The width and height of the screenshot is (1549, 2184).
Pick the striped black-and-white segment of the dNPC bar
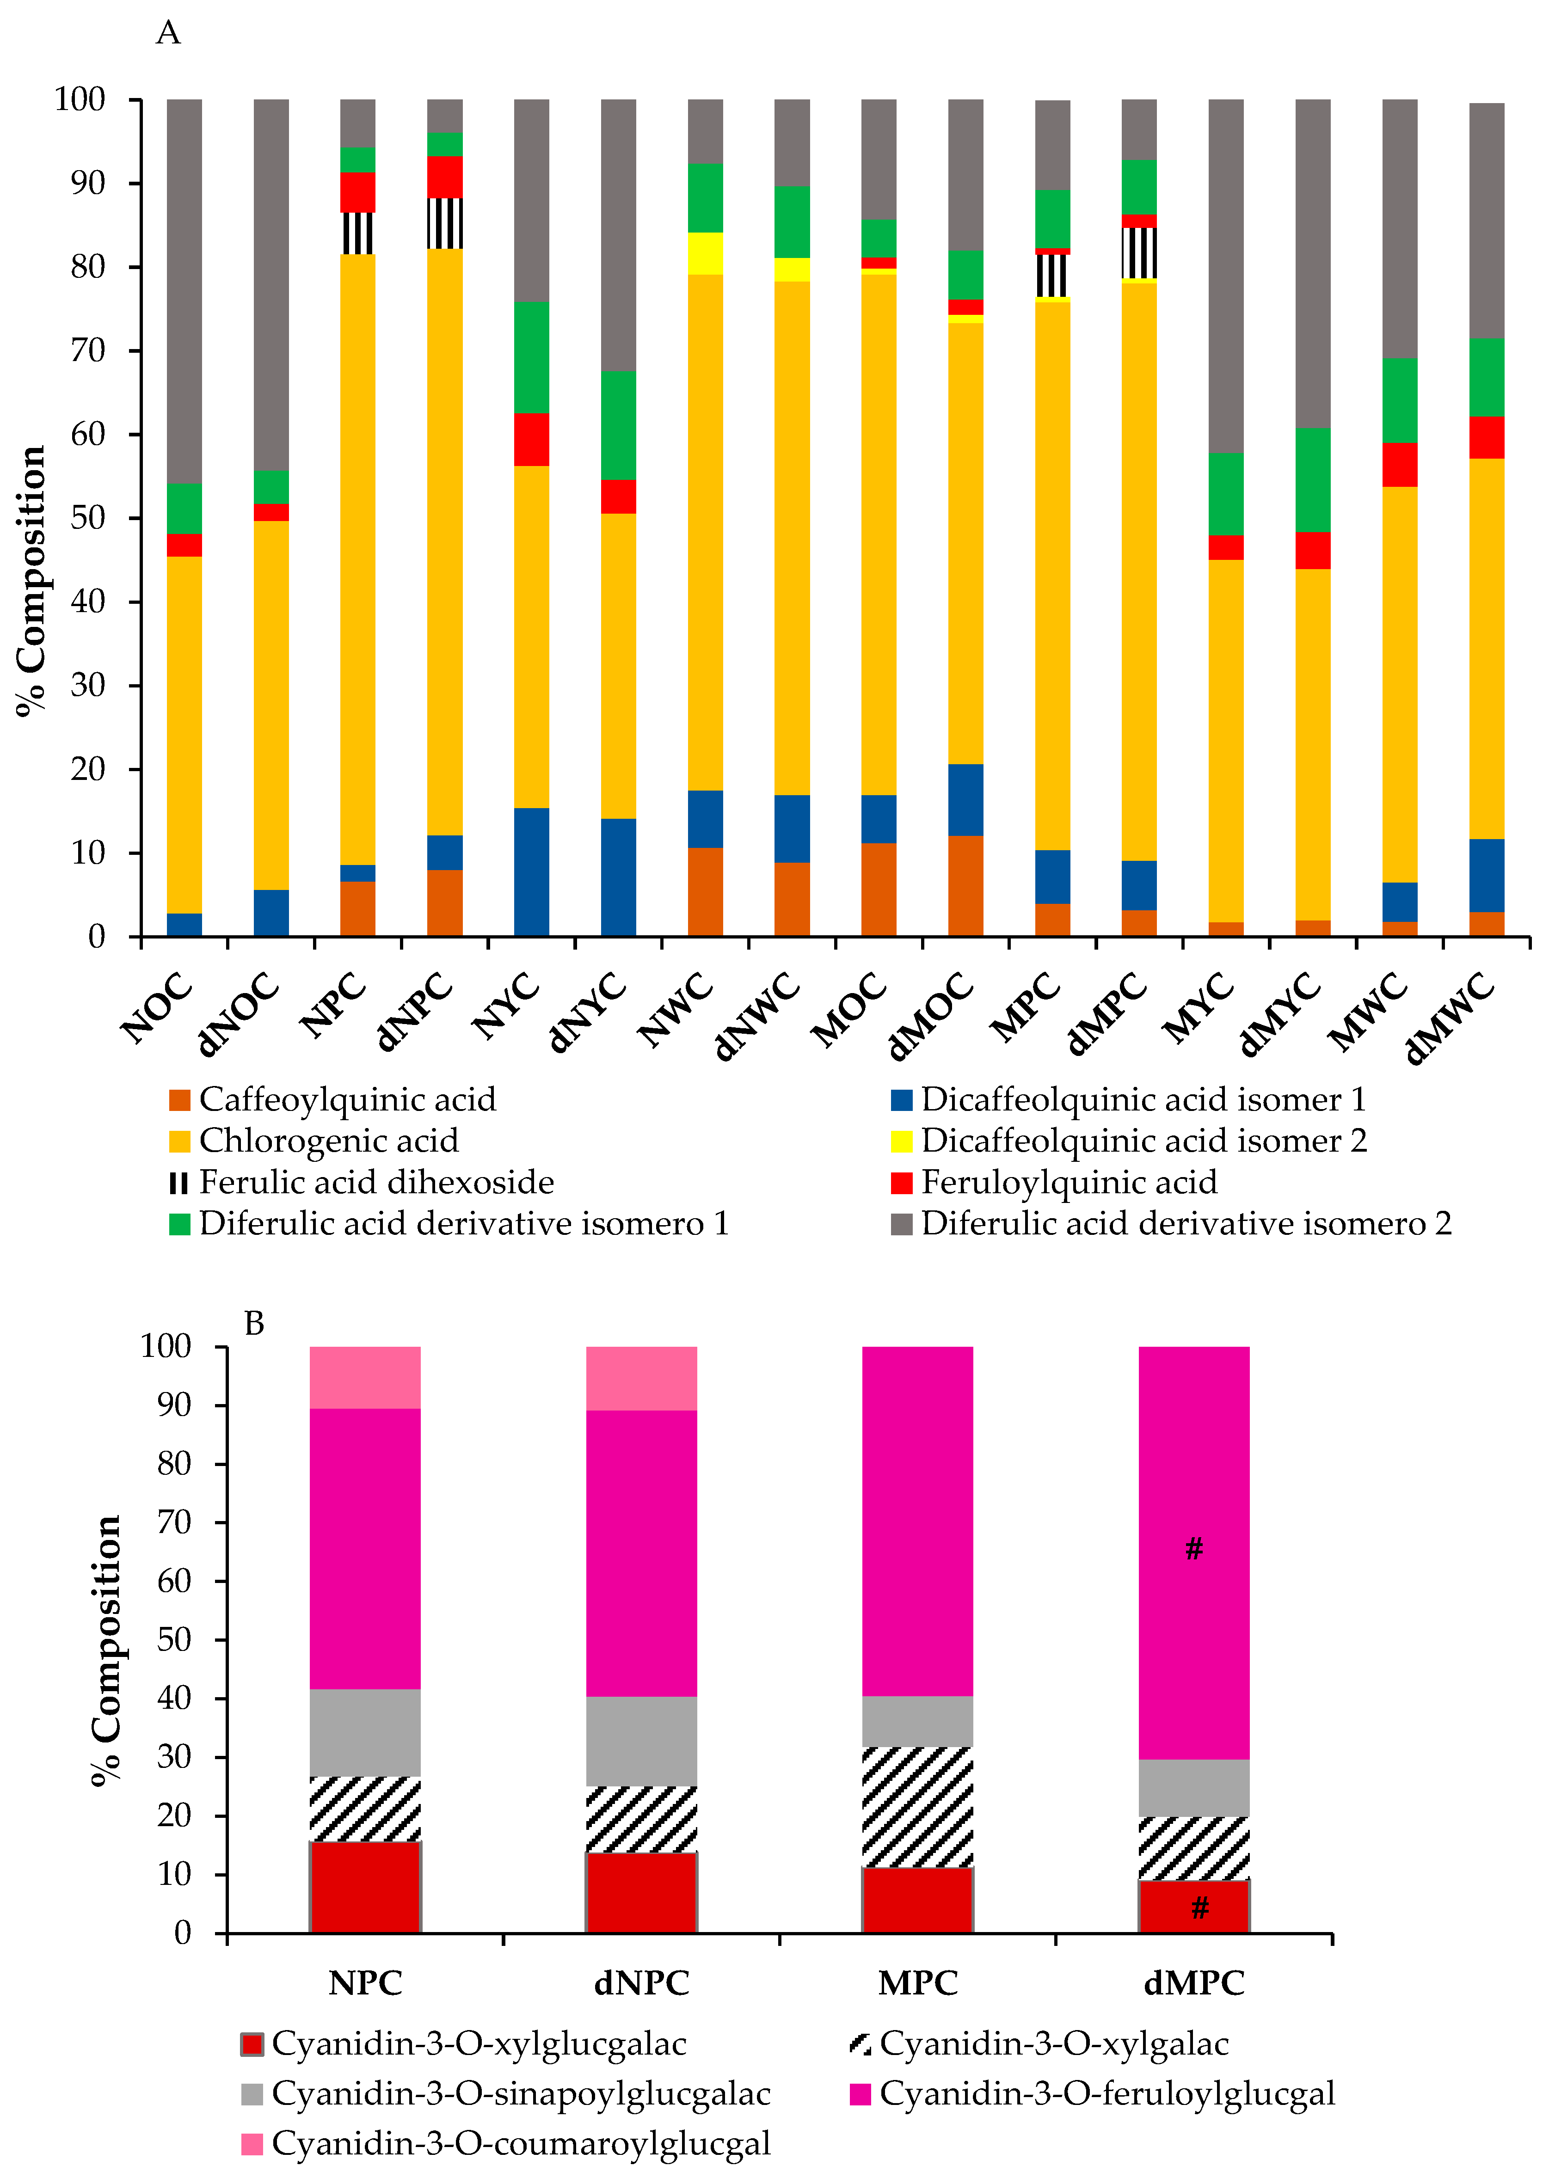coord(444,223)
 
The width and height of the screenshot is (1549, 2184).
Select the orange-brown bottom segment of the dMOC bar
coord(965,885)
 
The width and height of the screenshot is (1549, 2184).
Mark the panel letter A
coord(168,33)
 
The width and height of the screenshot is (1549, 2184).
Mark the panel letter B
coord(254,1324)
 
